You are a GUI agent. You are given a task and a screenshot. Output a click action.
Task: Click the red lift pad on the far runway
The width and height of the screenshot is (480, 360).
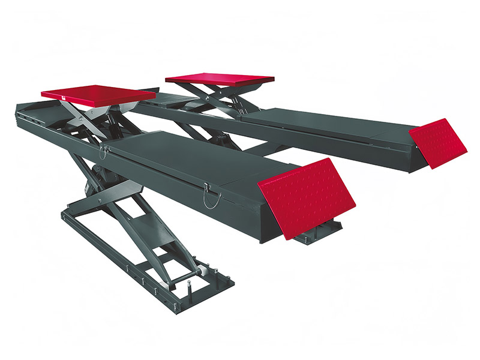point(220,79)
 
